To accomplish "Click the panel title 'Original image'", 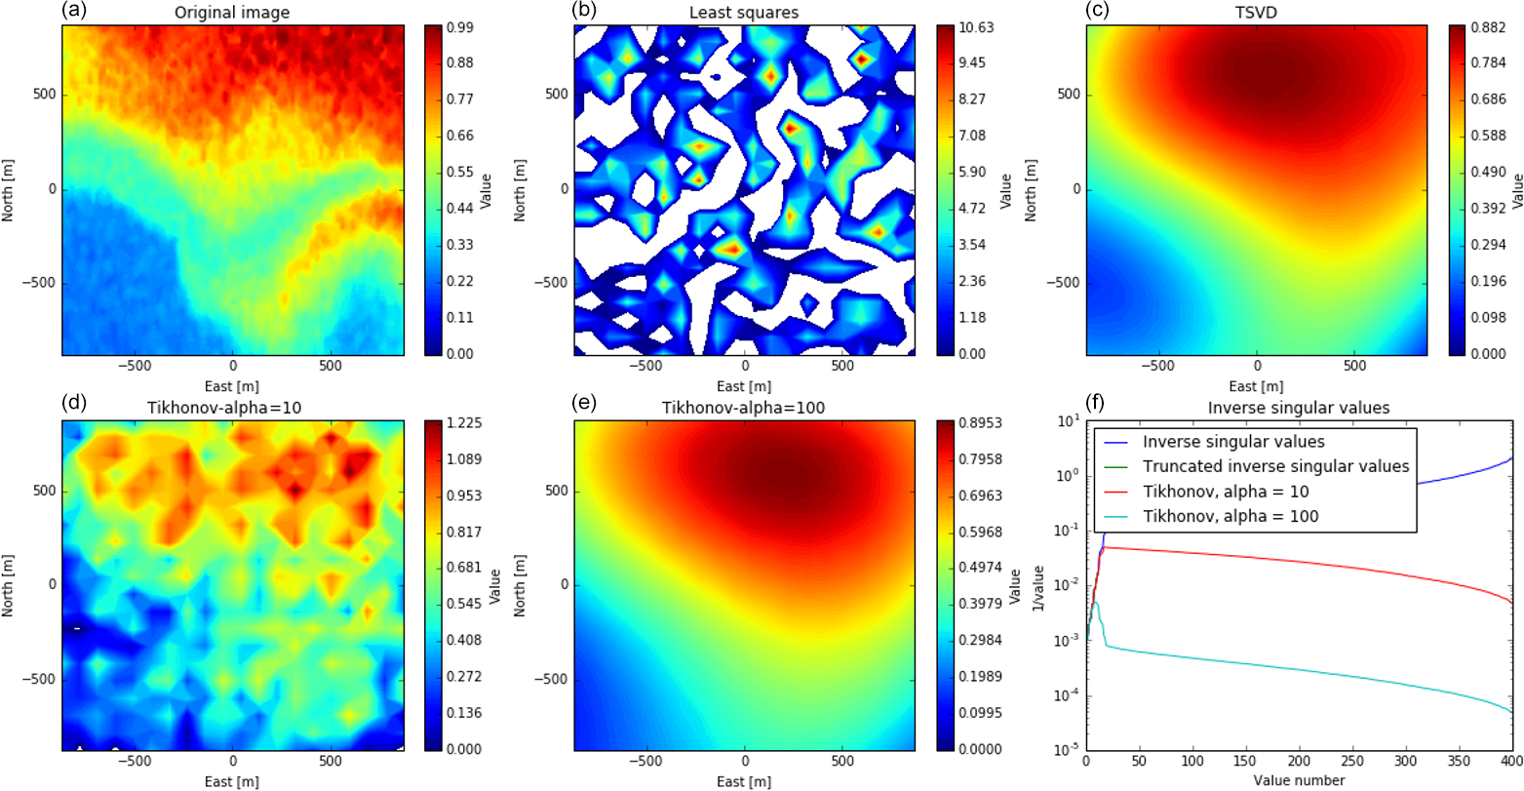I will click(x=233, y=13).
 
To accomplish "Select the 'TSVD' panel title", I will click(x=1258, y=13).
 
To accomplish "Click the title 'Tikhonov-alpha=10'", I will click(x=233, y=408).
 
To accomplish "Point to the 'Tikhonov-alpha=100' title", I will click(x=745, y=408).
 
